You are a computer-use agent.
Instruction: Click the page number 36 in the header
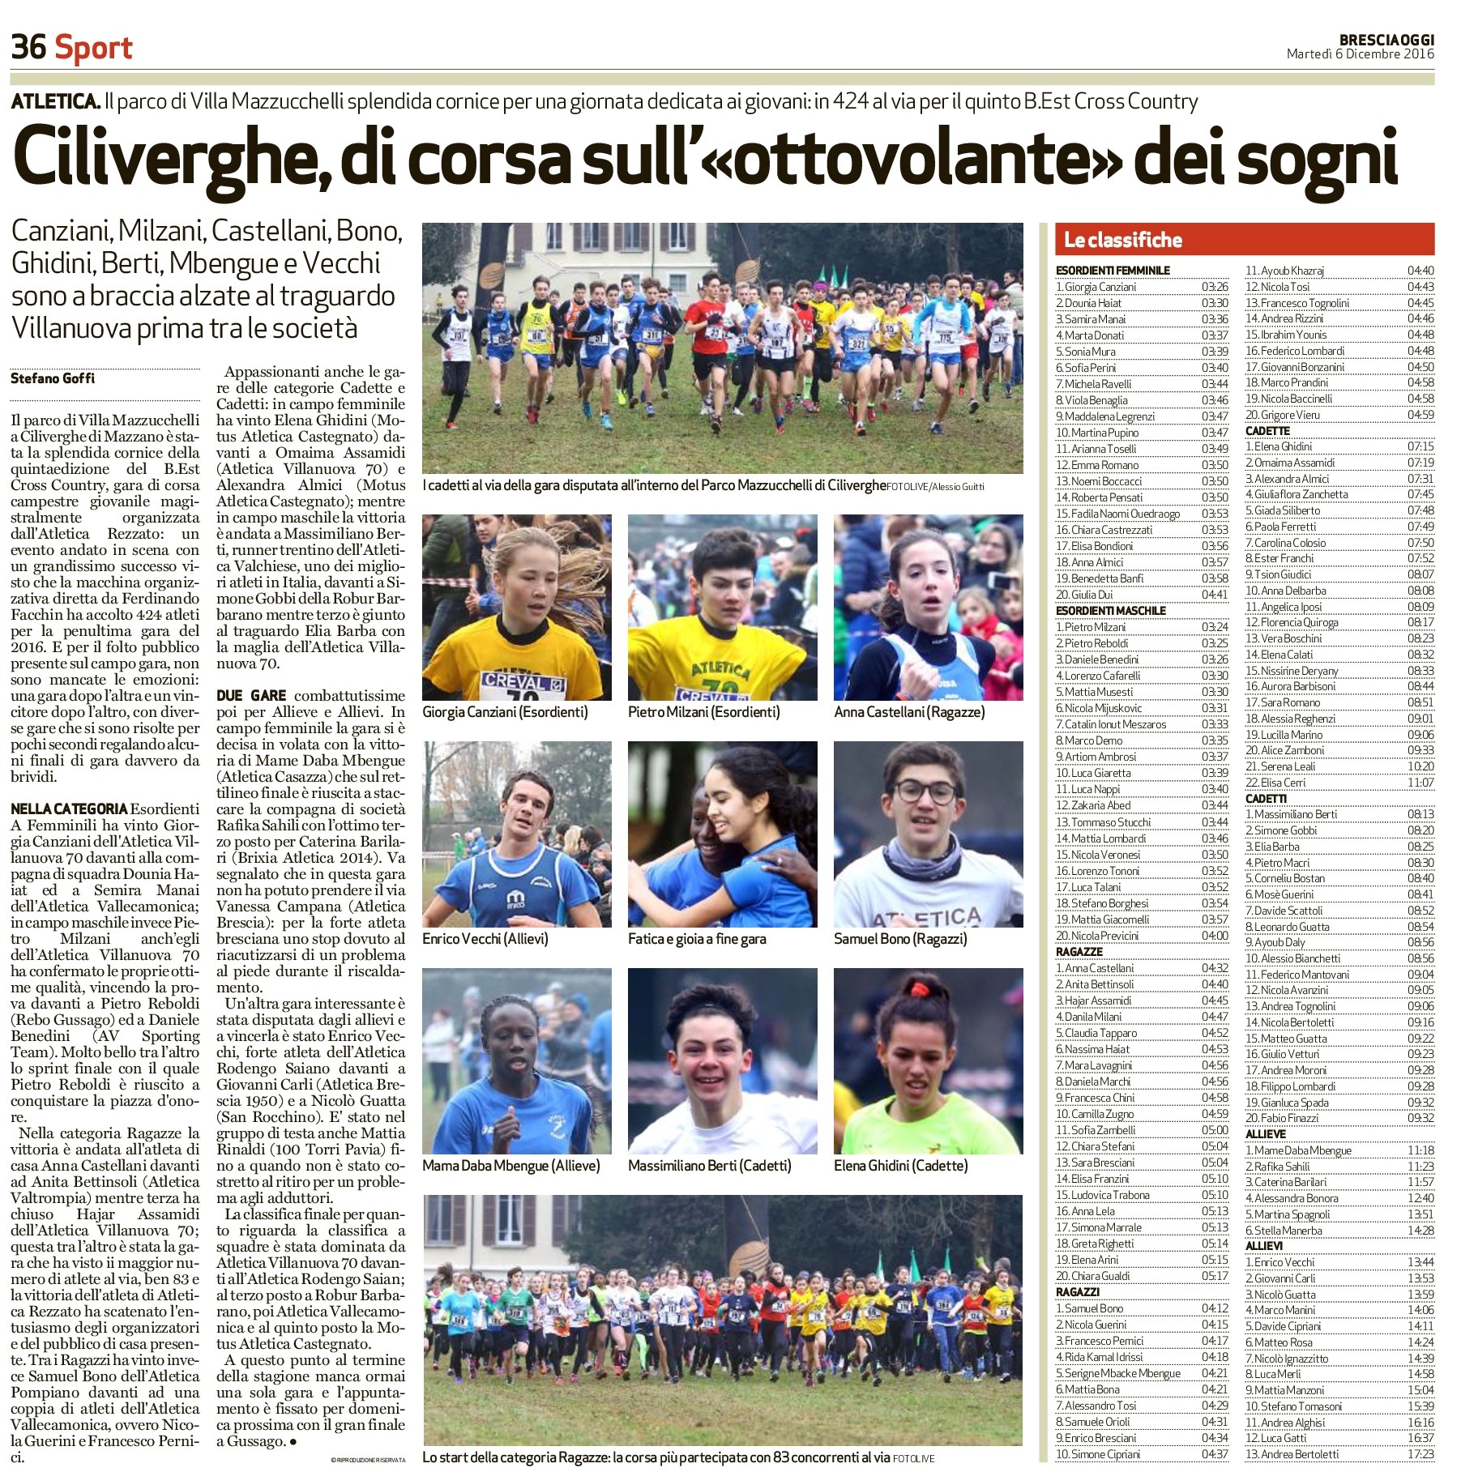pyautogui.click(x=28, y=47)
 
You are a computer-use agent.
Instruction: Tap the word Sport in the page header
pyautogui.click(x=93, y=49)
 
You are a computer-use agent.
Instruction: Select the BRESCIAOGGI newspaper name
pyautogui.click(x=1386, y=40)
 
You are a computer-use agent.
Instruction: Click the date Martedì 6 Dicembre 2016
pyautogui.click(x=1360, y=54)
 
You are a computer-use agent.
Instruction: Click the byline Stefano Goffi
pyautogui.click(x=53, y=378)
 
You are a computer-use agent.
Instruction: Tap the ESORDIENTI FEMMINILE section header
pyautogui.click(x=1113, y=270)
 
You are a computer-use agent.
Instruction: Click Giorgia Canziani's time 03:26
pyautogui.click(x=1215, y=287)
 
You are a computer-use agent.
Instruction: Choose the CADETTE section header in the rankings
pyautogui.click(x=1267, y=431)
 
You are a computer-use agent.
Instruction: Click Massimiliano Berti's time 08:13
pyautogui.click(x=1420, y=814)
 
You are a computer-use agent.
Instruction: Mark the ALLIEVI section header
pyautogui.click(x=1264, y=1246)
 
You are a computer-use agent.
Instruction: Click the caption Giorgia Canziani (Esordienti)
pyautogui.click(x=505, y=712)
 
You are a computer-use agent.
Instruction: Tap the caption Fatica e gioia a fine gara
pyautogui.click(x=697, y=939)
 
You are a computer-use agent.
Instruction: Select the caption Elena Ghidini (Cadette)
pyautogui.click(x=900, y=1166)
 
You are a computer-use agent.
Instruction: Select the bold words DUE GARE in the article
pyautogui.click(x=251, y=695)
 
